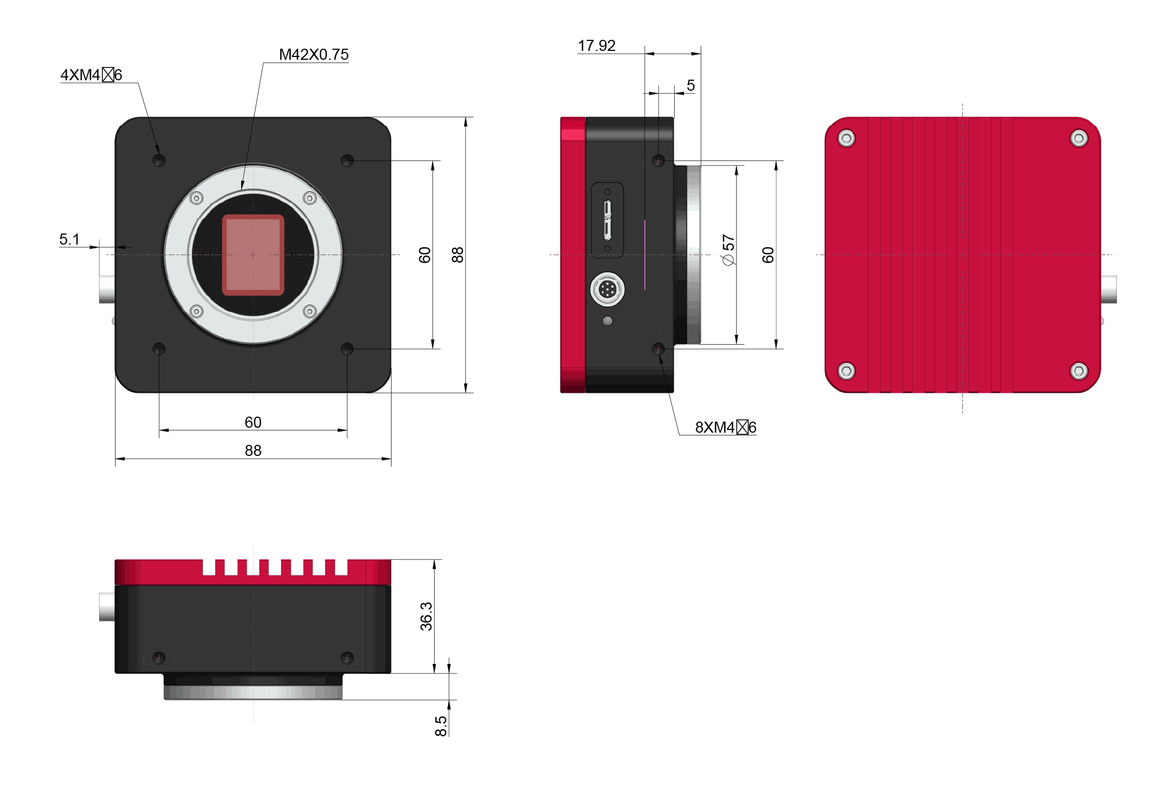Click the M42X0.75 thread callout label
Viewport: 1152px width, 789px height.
314,55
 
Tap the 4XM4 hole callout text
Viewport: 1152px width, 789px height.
91,75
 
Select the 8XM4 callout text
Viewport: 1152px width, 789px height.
725,427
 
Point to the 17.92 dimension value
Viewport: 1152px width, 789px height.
596,46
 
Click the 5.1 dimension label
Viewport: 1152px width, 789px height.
70,240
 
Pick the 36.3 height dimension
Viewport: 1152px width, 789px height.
426,616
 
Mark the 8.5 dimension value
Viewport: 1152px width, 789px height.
441,726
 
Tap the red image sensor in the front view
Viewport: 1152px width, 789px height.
253,255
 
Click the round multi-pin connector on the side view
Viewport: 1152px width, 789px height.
607,289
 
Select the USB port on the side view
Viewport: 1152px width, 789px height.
607,220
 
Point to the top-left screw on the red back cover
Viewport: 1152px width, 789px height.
846,138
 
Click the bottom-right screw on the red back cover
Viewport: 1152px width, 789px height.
1078,371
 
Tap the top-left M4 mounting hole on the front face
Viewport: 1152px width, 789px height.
159,160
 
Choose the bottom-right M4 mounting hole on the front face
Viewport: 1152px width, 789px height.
347,349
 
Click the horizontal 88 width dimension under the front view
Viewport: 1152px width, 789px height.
253,450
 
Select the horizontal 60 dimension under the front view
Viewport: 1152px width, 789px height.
253,422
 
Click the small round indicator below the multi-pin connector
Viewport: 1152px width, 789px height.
607,320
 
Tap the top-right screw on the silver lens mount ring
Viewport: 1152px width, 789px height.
310,198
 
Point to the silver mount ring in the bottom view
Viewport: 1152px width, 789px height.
253,692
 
